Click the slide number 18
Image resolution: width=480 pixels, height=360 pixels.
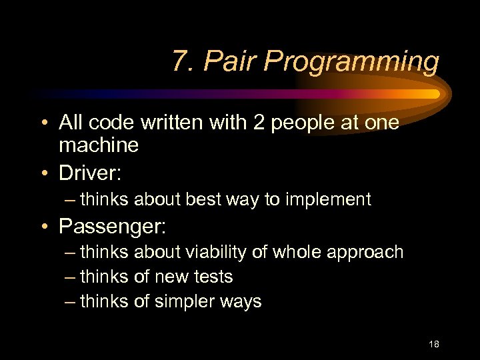[434, 344]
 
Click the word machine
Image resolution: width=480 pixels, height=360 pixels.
[98, 145]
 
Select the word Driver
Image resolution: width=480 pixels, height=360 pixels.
[89, 173]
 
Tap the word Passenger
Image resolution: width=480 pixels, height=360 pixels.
[111, 226]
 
